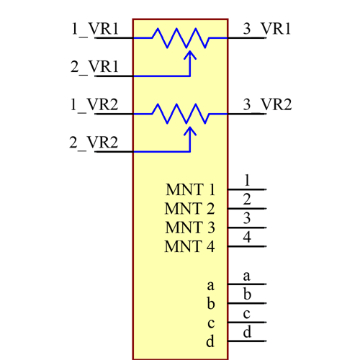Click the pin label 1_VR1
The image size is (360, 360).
coord(94,30)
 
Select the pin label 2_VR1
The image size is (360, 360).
coord(94,67)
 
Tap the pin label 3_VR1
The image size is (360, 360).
coord(266,30)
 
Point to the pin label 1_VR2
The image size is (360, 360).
coord(94,105)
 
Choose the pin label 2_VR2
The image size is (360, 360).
coord(94,143)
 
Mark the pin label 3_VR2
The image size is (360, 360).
coord(266,105)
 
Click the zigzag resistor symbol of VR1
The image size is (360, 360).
coord(180,37)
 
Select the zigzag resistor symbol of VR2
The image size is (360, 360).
coord(180,113)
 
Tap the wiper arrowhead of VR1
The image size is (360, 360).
coord(190,54)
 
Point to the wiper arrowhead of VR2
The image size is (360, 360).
coord(190,130)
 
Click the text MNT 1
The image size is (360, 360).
coord(190,191)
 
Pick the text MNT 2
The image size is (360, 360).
coord(190,210)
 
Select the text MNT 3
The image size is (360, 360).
coord(190,228)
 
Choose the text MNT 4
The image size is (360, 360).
coord(190,247)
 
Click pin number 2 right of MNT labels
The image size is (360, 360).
coord(246,199)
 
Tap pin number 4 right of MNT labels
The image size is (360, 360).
coord(246,237)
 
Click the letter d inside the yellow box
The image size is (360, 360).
coord(210,342)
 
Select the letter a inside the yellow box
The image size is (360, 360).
coord(210,286)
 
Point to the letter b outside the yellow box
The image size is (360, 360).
coord(246,294)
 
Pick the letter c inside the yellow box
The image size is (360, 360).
coord(210,323)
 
